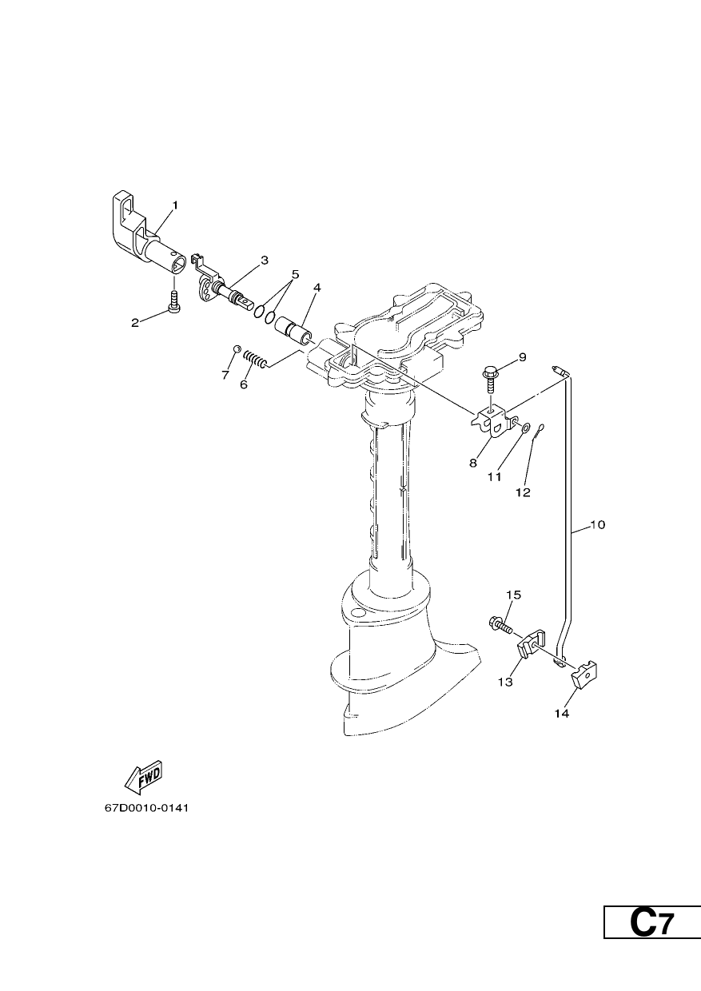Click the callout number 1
[175, 205]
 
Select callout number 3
[265, 261]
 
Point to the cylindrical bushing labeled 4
[293, 332]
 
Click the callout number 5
[295, 274]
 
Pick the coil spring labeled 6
[257, 358]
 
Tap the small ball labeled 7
[237, 349]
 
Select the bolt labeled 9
[492, 378]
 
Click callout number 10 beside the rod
[597, 525]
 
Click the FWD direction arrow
[143, 778]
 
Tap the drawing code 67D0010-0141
[147, 808]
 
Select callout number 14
[562, 713]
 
